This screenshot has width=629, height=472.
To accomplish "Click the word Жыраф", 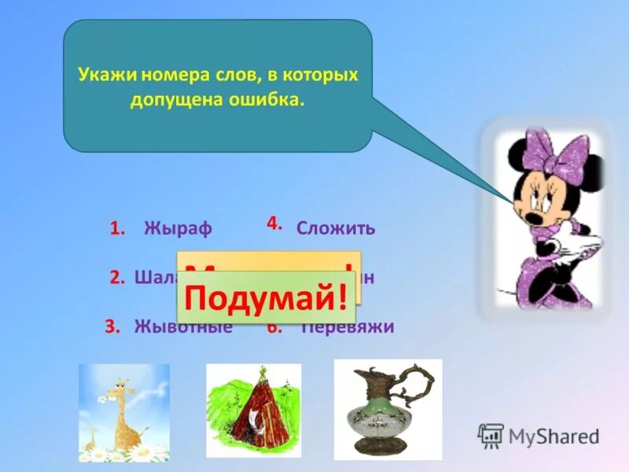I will coord(178,229).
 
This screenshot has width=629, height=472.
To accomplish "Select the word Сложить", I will coord(336,229).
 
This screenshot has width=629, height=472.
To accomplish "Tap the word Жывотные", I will coord(183,326).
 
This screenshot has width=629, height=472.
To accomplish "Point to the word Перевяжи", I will coord(349,326).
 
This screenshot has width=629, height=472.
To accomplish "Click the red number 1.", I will coord(118,229).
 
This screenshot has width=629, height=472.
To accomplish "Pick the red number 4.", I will coord(274,223).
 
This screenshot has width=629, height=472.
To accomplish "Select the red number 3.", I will coord(113,326).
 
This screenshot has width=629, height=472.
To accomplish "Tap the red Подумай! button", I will coord(266,299).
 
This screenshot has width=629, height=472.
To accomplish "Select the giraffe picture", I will coord(123,412).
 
